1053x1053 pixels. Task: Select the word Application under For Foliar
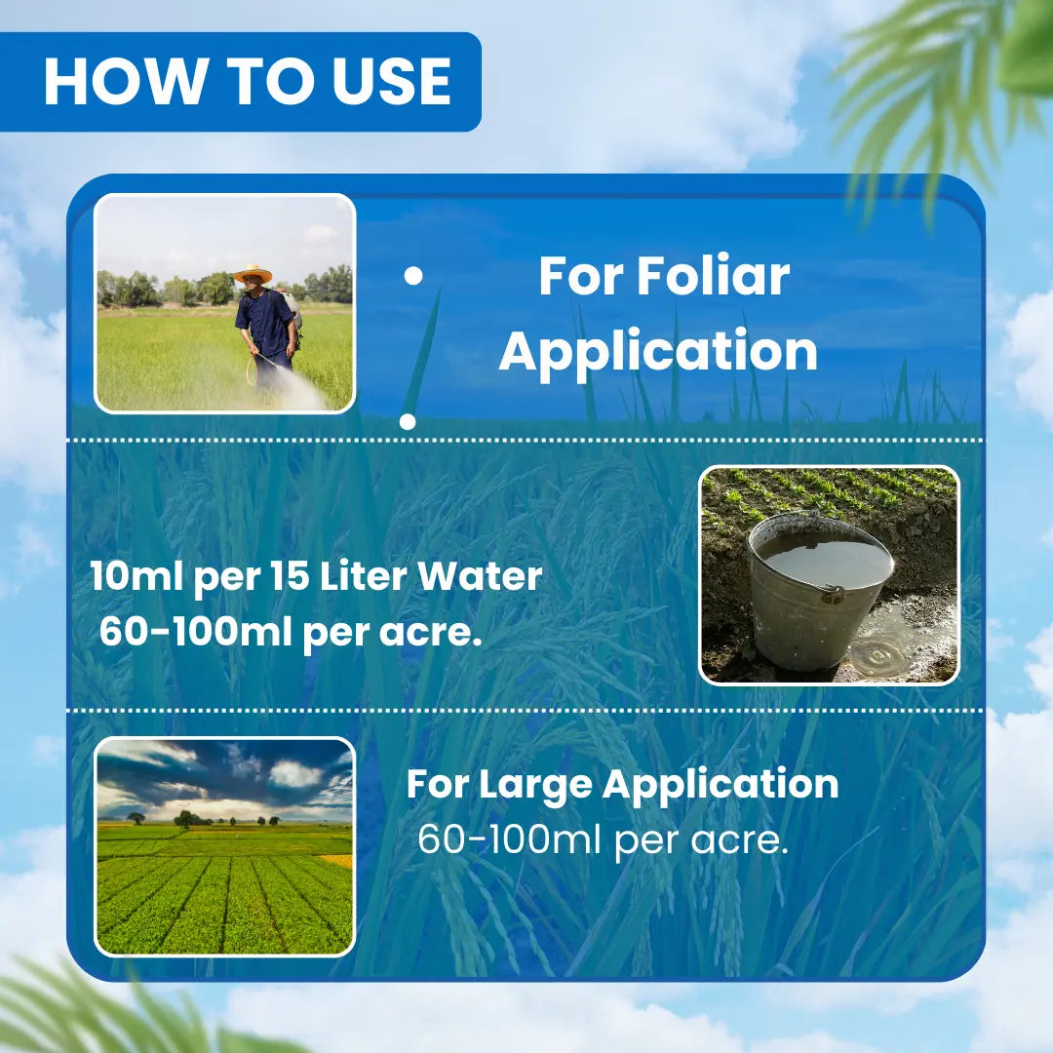pyautogui.click(x=658, y=352)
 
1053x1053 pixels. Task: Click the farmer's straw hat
pyautogui.click(x=253, y=273)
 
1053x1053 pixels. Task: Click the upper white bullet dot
pyautogui.click(x=413, y=276)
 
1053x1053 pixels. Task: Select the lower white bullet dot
pyautogui.click(x=408, y=422)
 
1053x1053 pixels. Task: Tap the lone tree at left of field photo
pyautogui.click(x=136, y=818)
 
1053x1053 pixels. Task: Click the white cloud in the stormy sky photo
pyautogui.click(x=295, y=773)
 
